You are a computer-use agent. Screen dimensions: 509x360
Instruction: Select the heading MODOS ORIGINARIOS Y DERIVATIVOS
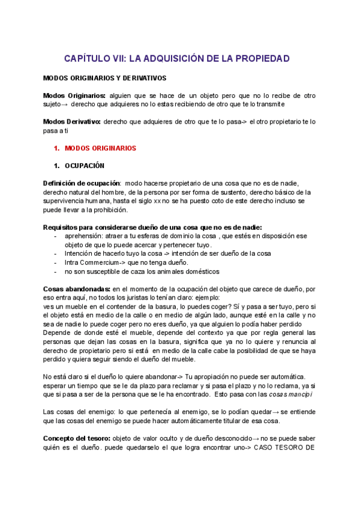click(x=105, y=78)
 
